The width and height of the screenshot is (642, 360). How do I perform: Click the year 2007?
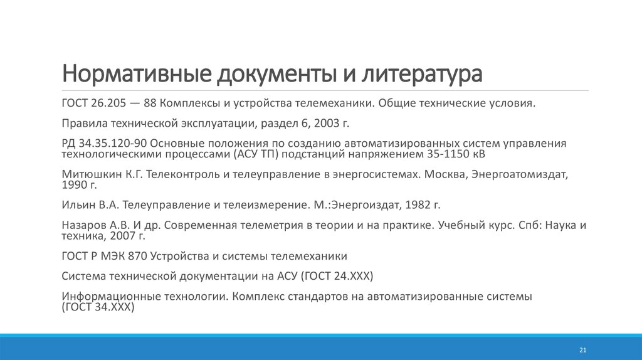(x=123, y=236)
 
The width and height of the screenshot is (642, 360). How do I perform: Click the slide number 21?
(x=582, y=349)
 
